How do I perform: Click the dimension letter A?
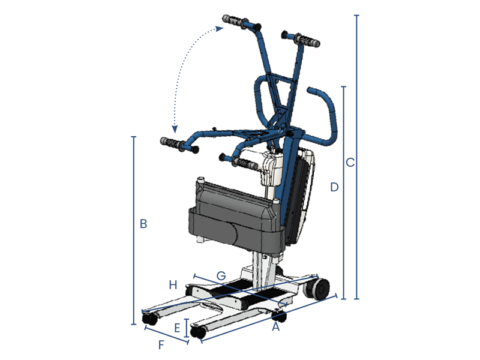(x=276, y=327)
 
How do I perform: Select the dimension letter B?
(x=143, y=224)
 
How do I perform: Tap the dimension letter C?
(x=350, y=162)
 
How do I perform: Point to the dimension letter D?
(x=334, y=187)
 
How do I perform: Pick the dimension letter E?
(x=177, y=328)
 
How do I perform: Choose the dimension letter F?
(x=161, y=345)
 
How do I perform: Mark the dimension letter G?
(x=221, y=276)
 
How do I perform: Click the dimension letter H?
(x=173, y=285)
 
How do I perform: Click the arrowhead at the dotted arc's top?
(x=220, y=29)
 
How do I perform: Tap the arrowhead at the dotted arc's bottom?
(x=175, y=129)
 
